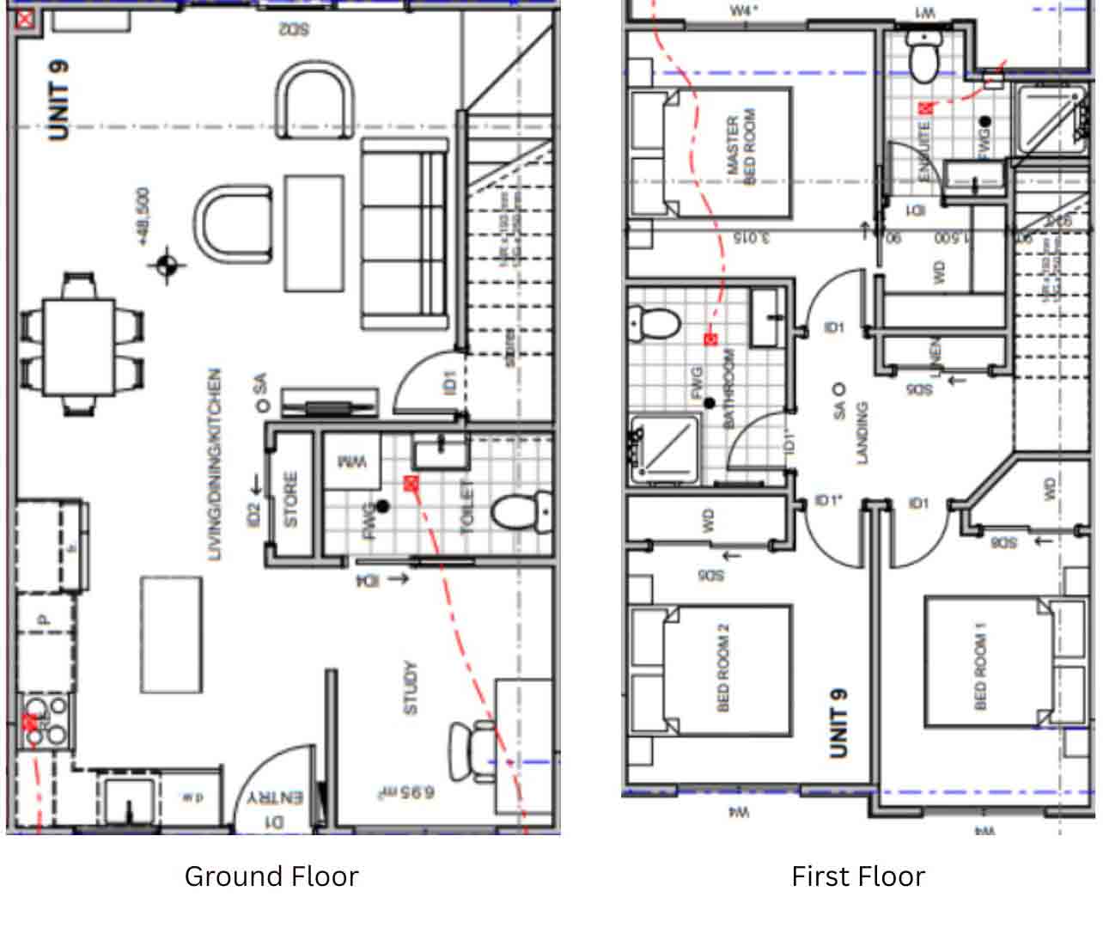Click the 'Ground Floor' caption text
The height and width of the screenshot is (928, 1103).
click(271, 876)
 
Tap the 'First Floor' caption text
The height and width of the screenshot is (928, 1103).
click(857, 876)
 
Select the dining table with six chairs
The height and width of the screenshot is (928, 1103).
click(80, 345)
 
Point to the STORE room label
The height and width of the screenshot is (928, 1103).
click(291, 499)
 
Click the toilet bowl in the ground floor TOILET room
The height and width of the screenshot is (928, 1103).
click(521, 512)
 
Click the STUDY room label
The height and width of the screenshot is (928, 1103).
click(411, 687)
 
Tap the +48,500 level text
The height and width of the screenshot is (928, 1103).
click(143, 217)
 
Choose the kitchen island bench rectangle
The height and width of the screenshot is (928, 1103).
click(172, 634)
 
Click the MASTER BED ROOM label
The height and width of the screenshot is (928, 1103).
click(740, 146)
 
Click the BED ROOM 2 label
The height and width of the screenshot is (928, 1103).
click(722, 668)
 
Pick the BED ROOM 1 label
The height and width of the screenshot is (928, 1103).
click(980, 672)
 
